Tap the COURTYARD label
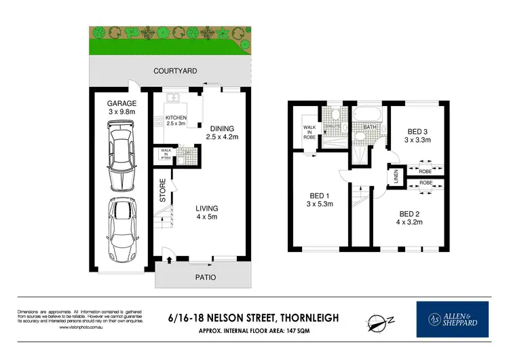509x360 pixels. [x=175, y=71]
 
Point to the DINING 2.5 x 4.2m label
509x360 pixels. [x=223, y=132]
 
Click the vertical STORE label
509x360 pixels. [x=163, y=190]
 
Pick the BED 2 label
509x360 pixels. [x=411, y=217]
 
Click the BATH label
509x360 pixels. [x=371, y=126]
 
